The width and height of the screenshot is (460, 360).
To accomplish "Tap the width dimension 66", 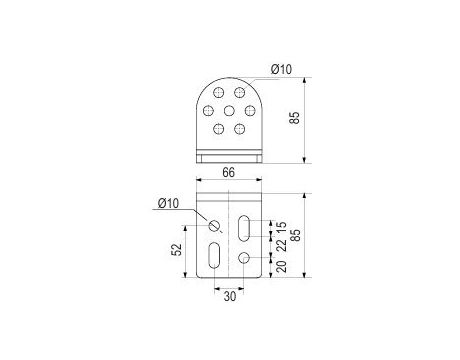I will [230, 174].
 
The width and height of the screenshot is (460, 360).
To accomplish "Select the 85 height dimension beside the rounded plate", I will [293, 118].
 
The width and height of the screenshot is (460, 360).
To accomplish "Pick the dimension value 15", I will [281, 228].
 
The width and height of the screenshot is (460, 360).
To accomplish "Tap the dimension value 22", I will [281, 246].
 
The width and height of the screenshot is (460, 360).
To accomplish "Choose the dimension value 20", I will [281, 267].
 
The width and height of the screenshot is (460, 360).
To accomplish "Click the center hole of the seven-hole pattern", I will [230, 110].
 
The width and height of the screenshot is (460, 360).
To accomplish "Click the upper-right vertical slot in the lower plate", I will [245, 229].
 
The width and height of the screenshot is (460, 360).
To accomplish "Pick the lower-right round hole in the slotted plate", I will [245, 260].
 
